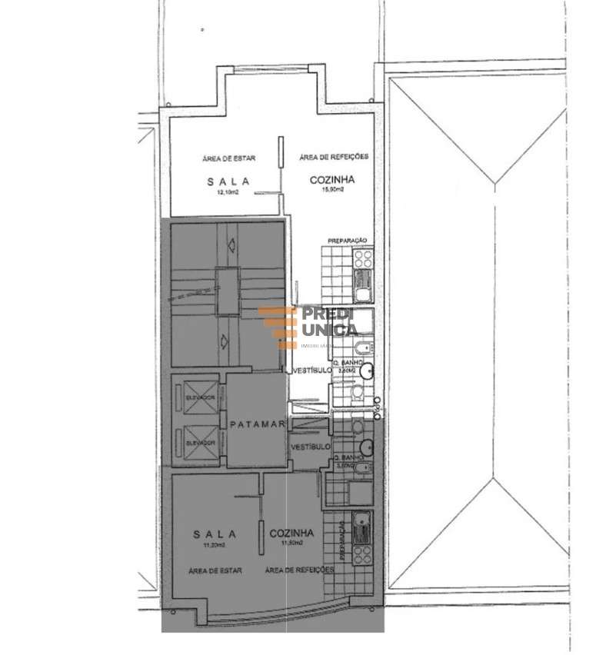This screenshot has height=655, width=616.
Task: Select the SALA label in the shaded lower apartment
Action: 215,533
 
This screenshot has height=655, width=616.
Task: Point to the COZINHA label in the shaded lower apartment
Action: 291,532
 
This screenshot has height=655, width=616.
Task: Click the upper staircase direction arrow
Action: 232,246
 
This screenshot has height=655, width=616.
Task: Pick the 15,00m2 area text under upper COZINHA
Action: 331,192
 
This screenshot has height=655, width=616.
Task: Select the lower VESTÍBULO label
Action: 310,446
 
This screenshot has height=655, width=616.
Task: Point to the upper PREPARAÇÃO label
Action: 348,241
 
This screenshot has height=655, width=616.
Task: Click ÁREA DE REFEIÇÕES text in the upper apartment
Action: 334,156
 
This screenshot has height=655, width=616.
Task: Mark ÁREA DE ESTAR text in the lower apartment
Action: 217,570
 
